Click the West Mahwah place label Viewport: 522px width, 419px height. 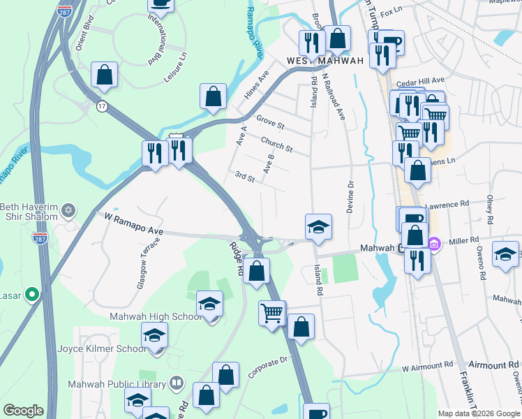[x=325, y=61]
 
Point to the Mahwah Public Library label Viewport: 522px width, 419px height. [x=117, y=383]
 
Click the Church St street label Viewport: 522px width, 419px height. [x=276, y=145]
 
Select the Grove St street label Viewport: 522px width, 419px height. [x=270, y=124]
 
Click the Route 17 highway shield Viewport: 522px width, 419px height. [x=103, y=106]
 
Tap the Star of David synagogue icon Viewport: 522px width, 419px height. [x=68, y=210]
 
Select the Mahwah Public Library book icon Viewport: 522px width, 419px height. [x=177, y=383]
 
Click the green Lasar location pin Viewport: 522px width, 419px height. [x=31, y=295]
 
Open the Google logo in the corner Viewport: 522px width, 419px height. [x=23, y=411]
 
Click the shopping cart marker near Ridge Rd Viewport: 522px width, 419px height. [x=271, y=313]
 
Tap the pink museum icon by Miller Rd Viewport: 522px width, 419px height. [x=434, y=245]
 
